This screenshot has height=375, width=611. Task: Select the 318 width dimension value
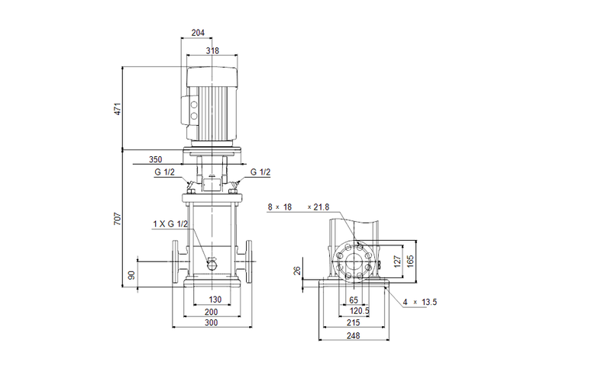212,52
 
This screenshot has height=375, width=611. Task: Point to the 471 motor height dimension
118,108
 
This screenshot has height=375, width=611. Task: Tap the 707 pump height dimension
118,218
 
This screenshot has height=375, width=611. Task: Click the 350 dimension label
156,160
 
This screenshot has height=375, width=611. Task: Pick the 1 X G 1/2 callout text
171,224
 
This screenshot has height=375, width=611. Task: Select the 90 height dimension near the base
131,275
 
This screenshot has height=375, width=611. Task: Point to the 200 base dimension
212,312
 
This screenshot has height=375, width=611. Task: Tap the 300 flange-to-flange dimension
212,324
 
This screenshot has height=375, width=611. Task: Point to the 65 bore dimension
354,300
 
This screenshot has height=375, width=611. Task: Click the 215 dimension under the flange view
354,324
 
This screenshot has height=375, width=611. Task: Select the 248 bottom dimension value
354,336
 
